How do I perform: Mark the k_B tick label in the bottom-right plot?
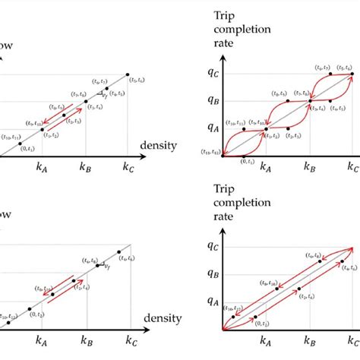(x=309, y=339)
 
